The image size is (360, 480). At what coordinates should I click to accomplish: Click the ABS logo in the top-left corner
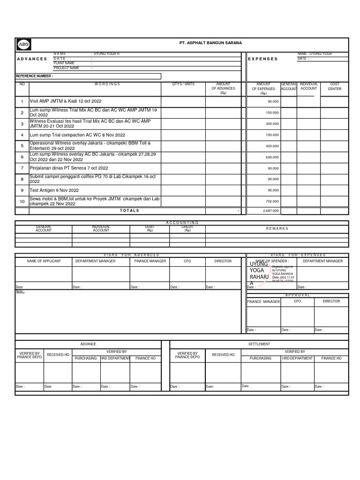[23, 44]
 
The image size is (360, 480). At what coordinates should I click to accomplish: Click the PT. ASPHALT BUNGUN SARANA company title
[210, 43]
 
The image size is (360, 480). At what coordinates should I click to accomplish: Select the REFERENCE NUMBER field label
[34, 75]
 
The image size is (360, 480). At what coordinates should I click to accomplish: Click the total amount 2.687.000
[270, 211]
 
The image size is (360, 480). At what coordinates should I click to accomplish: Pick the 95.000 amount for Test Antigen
[273, 190]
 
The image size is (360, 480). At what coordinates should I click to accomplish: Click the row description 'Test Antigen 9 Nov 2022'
[54, 190]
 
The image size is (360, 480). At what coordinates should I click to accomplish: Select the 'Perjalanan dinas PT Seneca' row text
[69, 168]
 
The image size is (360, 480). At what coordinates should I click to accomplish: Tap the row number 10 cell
[22, 202]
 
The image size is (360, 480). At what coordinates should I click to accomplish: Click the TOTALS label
[129, 211]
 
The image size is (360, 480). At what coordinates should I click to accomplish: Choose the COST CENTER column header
[335, 86]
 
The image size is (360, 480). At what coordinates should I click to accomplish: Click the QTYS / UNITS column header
[183, 84]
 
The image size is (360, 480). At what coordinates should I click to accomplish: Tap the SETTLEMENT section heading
[259, 344]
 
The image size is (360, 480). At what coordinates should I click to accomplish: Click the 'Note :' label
[20, 291]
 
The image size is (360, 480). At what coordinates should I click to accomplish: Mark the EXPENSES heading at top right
[263, 59]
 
